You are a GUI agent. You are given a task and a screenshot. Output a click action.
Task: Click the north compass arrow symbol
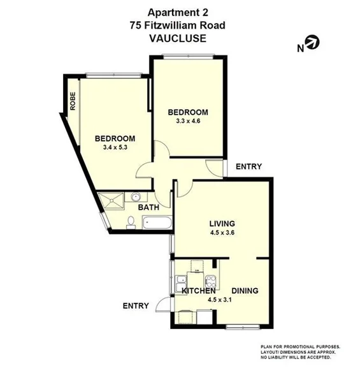click(313, 43)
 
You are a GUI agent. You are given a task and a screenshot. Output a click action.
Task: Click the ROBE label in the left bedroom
click(73, 101)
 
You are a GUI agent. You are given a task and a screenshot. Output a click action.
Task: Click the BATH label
click(148, 207)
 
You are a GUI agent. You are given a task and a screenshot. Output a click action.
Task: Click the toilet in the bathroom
click(131, 222)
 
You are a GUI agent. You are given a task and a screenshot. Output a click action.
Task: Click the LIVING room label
click(222, 224)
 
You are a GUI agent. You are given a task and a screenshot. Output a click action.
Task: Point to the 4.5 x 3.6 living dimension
click(222, 233)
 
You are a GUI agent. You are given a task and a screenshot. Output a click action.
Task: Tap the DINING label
click(245, 291)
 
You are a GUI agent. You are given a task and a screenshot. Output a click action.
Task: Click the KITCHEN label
click(203, 291)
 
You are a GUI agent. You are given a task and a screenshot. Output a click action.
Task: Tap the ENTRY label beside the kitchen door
click(136, 306)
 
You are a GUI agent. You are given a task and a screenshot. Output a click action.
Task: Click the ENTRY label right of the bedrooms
click(248, 166)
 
